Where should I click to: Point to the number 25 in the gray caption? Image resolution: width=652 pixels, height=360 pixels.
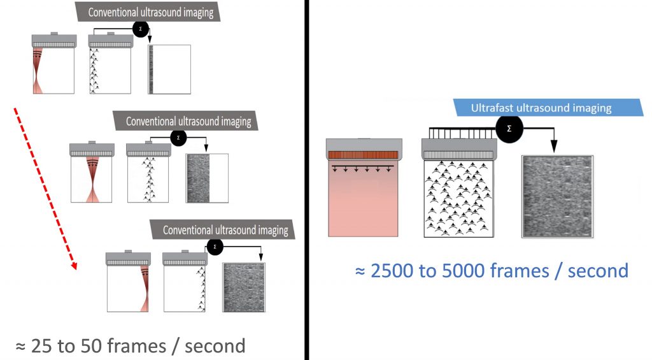[x=39, y=346]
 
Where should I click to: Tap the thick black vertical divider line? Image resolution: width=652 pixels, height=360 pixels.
[x=306, y=180]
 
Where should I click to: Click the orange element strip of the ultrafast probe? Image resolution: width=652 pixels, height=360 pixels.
[x=362, y=154]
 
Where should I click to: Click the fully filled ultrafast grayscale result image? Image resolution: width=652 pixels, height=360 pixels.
[x=557, y=196]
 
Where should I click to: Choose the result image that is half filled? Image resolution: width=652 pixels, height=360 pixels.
[x=206, y=178]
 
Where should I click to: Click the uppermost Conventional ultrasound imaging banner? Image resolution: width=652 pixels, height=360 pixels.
[x=148, y=11]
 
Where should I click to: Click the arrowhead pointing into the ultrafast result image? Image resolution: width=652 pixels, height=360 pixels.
[x=553, y=147]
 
